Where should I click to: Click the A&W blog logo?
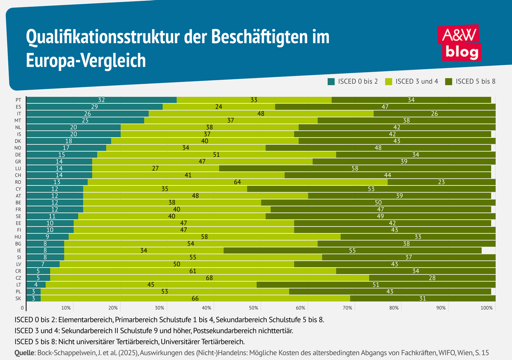tap(460, 44)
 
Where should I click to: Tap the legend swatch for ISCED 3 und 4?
tap(389, 81)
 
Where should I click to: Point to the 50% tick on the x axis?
tap(253, 307)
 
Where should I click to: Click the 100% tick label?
tap(486, 307)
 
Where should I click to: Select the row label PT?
tap(18, 100)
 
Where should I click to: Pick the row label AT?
tap(18, 196)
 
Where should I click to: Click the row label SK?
tap(18, 299)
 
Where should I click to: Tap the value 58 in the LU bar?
tap(355, 168)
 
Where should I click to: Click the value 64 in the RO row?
tap(238, 182)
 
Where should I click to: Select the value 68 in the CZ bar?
tap(209, 278)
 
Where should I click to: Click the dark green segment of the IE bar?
tap(352, 250)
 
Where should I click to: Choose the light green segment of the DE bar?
tap(216, 155)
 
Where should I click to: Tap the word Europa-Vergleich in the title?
tap(86, 60)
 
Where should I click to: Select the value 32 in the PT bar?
tap(102, 100)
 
